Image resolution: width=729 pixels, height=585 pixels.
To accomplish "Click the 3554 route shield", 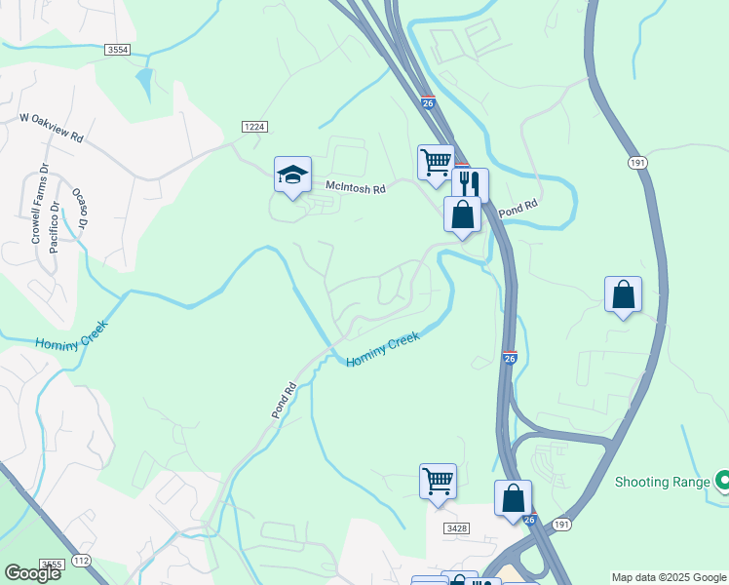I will coord(118,49).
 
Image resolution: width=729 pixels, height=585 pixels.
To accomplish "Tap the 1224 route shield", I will coord(255,127).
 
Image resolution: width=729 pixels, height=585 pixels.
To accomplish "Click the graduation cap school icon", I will coord(292,175).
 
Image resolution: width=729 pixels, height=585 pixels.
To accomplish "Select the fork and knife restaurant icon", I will coord(470,183).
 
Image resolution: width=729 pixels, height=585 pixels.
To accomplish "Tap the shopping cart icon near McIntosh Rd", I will coord(436,161).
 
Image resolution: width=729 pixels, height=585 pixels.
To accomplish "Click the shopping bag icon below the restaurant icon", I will coord(462,214).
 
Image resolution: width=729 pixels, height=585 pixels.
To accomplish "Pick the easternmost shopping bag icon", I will coord(623,294).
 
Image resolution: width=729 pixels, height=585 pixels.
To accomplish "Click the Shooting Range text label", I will coord(663,482).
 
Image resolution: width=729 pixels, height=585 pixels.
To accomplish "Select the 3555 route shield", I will coord(52,565).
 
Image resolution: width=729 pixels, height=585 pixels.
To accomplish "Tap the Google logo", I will coord(33,573).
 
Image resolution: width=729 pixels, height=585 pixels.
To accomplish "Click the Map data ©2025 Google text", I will coord(669,577).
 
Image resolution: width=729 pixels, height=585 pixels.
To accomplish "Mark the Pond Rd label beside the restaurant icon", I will coord(518,208).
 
